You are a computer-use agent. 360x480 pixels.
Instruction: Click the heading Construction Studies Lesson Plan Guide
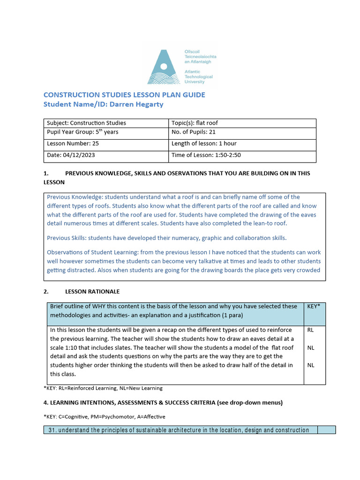[x=124, y=95]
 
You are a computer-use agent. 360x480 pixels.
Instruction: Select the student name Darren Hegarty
[x=136, y=104]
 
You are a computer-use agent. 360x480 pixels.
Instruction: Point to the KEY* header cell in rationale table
[x=314, y=306]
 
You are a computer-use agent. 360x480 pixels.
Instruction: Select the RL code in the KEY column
[x=310, y=330]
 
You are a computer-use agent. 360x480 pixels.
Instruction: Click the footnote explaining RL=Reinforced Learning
[x=103, y=388]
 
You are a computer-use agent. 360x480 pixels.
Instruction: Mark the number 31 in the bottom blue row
[x=52, y=430]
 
